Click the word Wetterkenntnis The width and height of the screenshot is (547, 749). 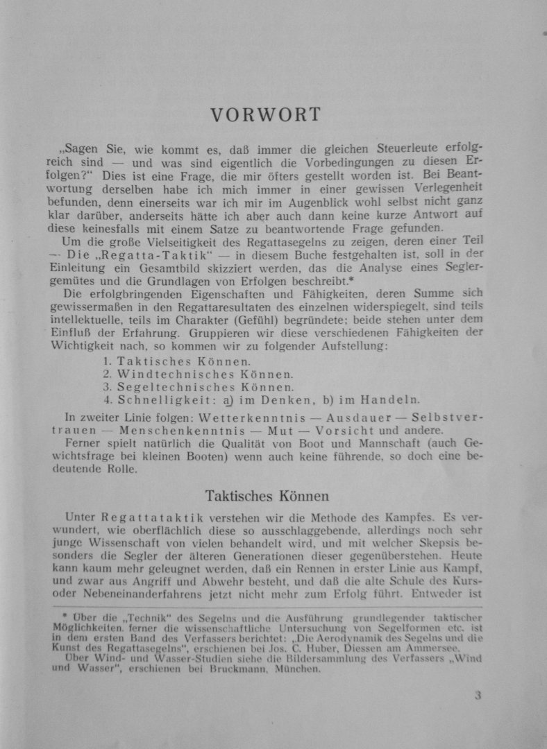237,419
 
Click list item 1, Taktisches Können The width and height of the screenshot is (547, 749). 177,361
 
